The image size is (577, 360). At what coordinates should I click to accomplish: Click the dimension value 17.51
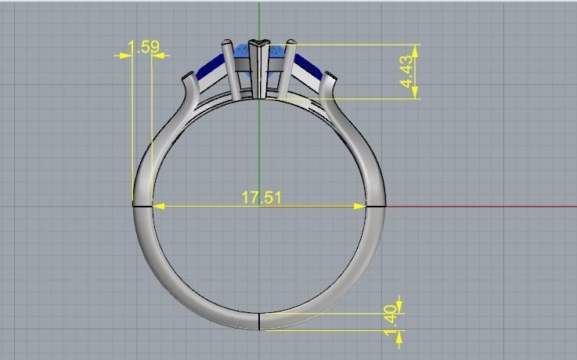tap(261, 197)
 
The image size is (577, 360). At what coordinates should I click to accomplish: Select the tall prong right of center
tap(287, 67)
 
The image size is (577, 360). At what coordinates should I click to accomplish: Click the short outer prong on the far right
tap(330, 81)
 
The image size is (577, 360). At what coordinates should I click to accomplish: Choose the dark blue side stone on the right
tap(308, 70)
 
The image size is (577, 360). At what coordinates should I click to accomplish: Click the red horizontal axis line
tap(485, 207)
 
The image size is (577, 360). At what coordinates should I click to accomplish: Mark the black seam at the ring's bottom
tap(259, 321)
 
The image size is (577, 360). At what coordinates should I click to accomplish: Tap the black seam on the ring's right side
tap(375, 207)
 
